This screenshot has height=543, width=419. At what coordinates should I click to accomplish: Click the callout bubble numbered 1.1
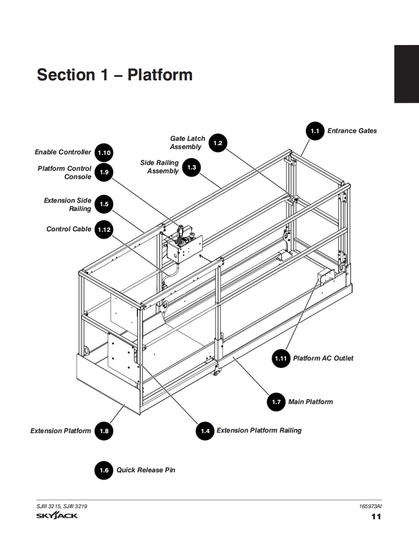click(315, 131)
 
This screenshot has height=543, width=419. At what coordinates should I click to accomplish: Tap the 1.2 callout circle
click(218, 143)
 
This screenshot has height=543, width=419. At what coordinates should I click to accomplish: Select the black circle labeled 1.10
click(104, 153)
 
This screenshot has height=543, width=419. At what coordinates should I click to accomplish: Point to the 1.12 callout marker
click(104, 229)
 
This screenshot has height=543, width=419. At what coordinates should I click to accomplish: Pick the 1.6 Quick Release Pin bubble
click(104, 470)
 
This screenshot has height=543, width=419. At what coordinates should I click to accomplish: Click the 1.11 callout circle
click(281, 358)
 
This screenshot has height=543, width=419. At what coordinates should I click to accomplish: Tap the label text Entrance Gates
click(352, 131)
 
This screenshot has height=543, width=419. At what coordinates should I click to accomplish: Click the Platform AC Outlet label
click(323, 358)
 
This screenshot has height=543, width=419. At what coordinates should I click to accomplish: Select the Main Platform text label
click(311, 402)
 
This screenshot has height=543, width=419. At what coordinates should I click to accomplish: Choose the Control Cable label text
click(69, 229)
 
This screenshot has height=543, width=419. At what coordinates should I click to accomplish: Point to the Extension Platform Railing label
click(259, 430)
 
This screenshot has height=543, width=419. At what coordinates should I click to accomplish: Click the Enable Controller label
click(63, 152)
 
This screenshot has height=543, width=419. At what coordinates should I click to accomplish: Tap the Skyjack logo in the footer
click(57, 516)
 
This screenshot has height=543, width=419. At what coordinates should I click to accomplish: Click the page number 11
click(376, 517)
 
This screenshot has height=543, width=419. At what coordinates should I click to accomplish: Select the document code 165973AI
click(370, 506)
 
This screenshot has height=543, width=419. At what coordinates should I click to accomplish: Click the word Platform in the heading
click(160, 75)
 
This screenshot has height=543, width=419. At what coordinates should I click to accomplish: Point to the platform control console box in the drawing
click(184, 247)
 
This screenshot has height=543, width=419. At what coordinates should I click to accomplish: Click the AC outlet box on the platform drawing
click(326, 276)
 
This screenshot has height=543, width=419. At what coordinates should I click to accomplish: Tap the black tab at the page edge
click(406, 74)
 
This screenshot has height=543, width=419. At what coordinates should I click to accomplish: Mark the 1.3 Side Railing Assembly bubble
click(192, 167)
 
